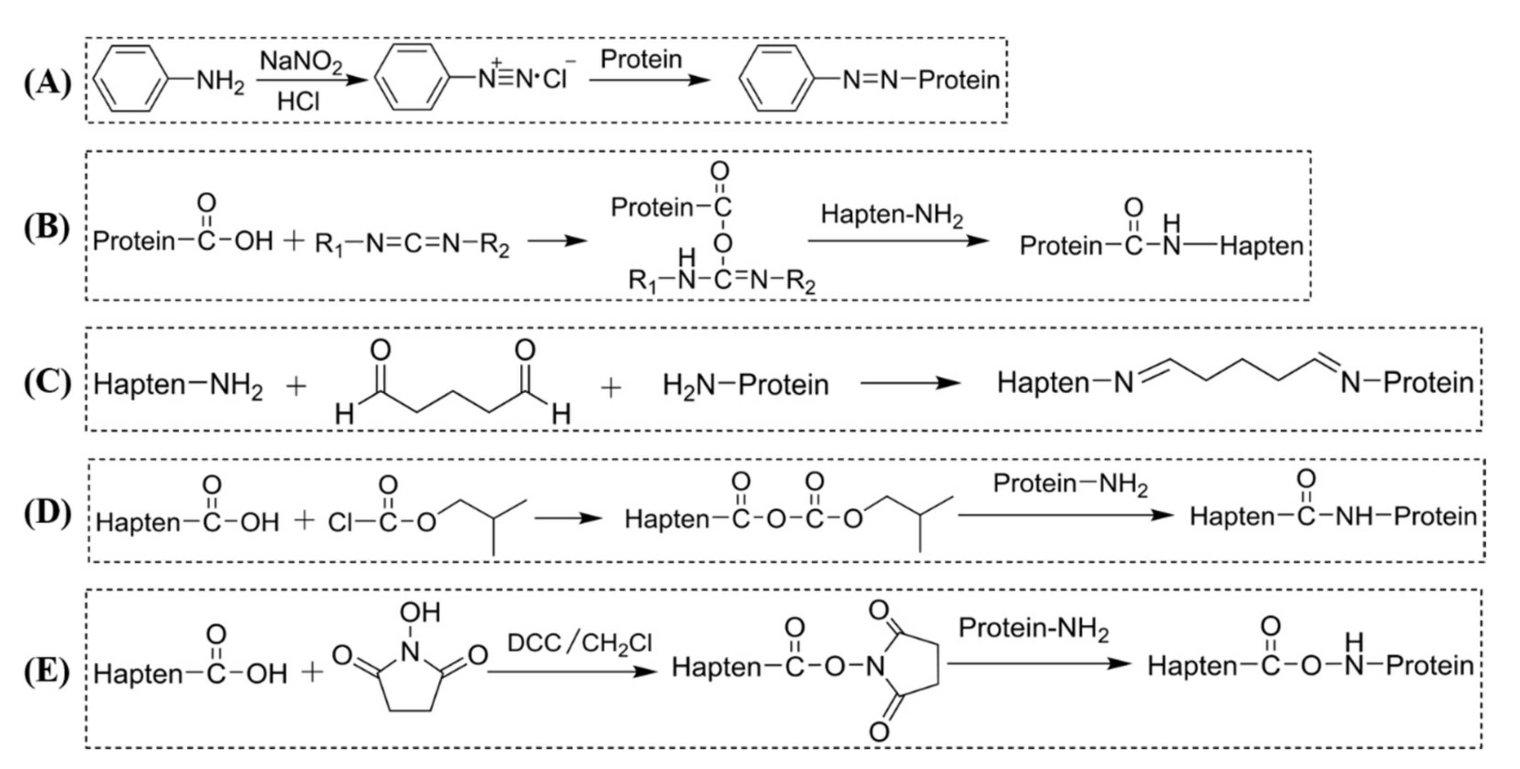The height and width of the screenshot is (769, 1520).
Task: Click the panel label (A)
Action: tap(47, 83)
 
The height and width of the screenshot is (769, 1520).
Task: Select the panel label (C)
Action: tap(47, 383)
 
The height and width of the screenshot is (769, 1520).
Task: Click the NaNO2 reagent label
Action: tap(301, 61)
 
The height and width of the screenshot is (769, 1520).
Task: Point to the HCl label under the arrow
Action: tap(298, 102)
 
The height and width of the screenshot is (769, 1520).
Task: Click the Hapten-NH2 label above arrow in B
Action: tap(892, 216)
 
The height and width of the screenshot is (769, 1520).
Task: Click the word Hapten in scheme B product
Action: tap(1261, 246)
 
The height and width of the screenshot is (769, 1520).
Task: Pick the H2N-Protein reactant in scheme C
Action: tap(745, 385)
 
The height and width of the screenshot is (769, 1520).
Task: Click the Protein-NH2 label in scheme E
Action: tap(1033, 629)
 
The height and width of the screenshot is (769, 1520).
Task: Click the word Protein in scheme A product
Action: tap(959, 80)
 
